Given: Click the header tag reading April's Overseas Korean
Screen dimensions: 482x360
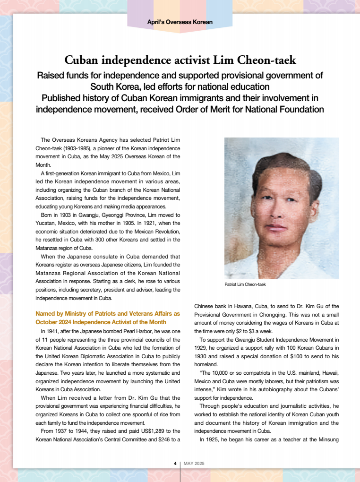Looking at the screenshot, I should pyautogui.click(x=180, y=22).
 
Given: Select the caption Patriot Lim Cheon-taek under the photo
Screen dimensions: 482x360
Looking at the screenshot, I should pyautogui.click(x=245, y=285).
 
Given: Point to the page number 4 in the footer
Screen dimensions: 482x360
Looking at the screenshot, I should pyautogui.click(x=175, y=463).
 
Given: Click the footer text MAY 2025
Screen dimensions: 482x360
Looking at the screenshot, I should pyautogui.click(x=194, y=463).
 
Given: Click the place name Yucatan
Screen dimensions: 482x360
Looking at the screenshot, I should pyautogui.click(x=45, y=224).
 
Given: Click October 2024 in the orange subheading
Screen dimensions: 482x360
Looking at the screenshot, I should pyautogui.click(x=51, y=322).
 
